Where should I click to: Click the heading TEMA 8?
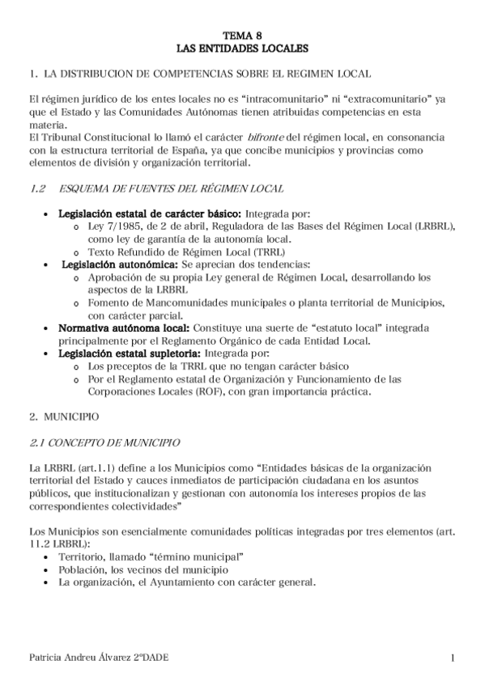[242, 36]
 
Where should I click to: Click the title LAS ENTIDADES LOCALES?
[242, 48]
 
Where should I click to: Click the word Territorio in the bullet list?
[86, 557]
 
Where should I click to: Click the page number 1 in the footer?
[453, 659]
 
